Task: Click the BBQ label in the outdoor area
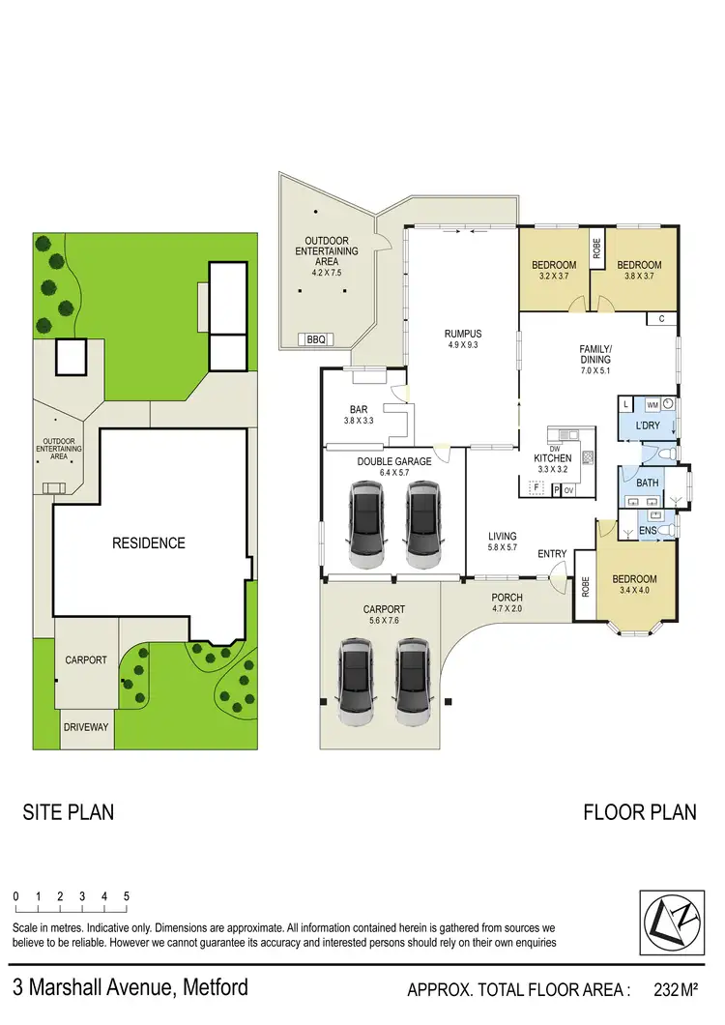[316, 339]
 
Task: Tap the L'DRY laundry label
[648, 425]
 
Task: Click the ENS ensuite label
[648, 531]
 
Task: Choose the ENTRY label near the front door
[552, 554]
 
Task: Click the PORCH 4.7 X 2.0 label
[507, 603]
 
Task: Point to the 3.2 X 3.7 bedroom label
[554, 271]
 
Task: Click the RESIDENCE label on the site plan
[149, 542]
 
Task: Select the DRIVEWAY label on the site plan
[87, 726]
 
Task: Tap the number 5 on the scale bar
[127, 896]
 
